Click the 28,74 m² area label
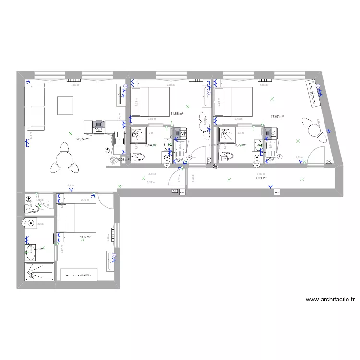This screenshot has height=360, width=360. [x=83, y=139]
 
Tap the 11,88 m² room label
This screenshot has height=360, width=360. [x=177, y=114]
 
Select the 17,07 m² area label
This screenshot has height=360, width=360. [x=277, y=116]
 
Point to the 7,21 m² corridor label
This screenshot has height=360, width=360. [x=261, y=178]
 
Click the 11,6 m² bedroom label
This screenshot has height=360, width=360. [x=85, y=237]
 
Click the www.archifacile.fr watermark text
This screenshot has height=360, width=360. [x=330, y=299]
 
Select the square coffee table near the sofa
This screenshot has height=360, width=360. [x=65, y=106]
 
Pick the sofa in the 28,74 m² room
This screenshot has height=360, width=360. [x=35, y=106]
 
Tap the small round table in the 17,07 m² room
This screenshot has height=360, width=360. [x=314, y=130]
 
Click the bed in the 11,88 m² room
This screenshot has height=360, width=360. [x=149, y=102]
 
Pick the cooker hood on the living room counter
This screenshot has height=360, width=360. [x=98, y=126]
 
